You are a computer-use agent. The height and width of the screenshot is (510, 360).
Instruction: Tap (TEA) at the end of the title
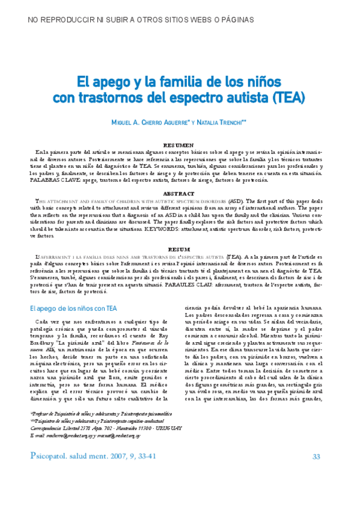point(288,96)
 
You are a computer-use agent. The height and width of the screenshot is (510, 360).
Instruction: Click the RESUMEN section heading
point(180,146)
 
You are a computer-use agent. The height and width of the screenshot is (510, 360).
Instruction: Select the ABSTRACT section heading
point(180,194)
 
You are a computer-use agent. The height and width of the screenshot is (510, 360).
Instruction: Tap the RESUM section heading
point(180,248)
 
